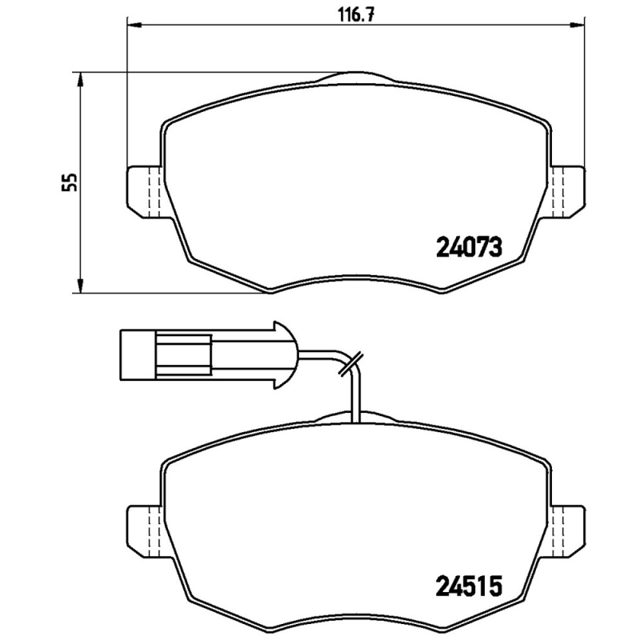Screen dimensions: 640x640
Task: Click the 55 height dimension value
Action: (71, 182)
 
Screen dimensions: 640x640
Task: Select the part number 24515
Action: (468, 587)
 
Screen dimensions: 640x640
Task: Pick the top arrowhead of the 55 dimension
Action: (80, 78)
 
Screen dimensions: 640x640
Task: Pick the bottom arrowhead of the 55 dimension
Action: (80, 286)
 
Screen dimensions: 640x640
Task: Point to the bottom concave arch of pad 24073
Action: (357, 282)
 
